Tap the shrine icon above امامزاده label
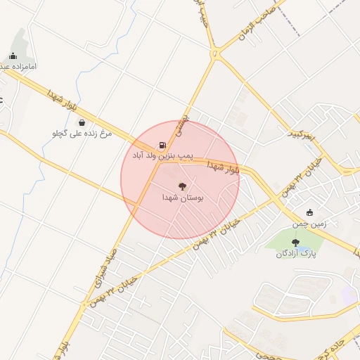click(13, 56)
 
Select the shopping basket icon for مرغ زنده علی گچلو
click(82, 122)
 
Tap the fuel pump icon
click(163, 143)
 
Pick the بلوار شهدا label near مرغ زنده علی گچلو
click(60, 102)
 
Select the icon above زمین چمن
click(310, 213)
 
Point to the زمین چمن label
click(310, 224)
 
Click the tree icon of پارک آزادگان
click(295, 243)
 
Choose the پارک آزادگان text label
click(295, 253)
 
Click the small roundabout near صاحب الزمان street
click(214, 53)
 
